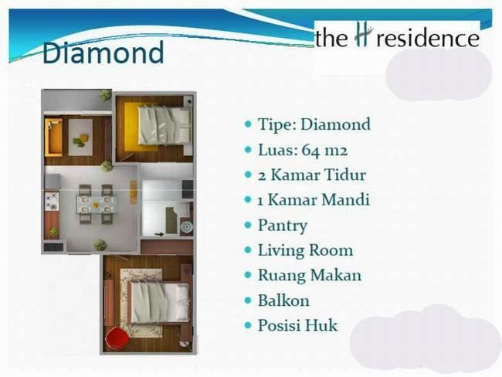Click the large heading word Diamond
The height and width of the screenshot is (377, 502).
[103, 53]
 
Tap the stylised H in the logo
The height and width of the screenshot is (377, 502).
[364, 35]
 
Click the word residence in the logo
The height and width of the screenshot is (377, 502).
[428, 39]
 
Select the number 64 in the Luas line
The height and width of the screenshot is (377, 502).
[310, 150]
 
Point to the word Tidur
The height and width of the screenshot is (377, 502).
[345, 175]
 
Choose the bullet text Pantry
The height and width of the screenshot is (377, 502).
[283, 226]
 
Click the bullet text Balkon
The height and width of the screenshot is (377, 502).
[283, 301]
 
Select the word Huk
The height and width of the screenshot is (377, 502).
[321, 325]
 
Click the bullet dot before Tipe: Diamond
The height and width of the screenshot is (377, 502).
[248, 124]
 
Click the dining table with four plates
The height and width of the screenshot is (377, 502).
[96, 204]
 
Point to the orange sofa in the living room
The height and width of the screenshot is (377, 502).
[53, 137]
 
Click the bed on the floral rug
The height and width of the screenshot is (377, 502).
[159, 303]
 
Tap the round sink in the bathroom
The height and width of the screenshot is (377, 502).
[186, 227]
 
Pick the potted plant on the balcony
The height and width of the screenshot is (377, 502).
[105, 96]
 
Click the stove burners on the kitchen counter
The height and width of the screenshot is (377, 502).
[52, 201]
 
